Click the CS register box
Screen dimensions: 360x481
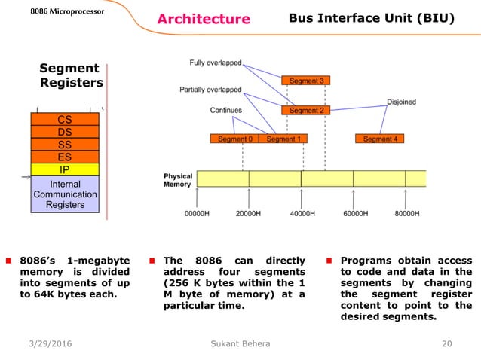click(65, 119)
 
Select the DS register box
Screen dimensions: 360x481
click(65, 132)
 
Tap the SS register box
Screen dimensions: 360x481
click(65, 145)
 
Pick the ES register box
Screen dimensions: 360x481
click(65, 157)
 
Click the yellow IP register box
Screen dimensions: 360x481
click(65, 169)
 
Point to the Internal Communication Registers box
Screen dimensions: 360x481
click(65, 194)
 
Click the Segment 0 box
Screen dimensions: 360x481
click(234, 139)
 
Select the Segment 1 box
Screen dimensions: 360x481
click(283, 139)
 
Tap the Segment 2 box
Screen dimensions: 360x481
click(305, 111)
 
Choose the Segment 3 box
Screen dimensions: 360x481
click(305, 81)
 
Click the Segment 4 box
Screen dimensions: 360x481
click(379, 139)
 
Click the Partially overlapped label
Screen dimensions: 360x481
click(211, 90)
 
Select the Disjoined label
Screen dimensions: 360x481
click(400, 102)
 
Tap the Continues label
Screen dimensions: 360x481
click(225, 111)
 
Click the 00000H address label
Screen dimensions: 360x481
click(197, 214)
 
